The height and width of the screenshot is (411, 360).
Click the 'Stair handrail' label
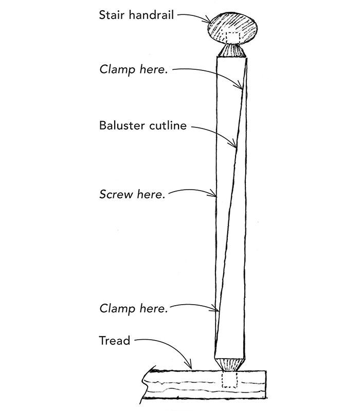136,14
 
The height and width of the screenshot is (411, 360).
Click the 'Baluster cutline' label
142,125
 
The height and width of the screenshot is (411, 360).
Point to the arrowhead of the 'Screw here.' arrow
215,196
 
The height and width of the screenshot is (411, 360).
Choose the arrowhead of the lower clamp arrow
218,310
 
